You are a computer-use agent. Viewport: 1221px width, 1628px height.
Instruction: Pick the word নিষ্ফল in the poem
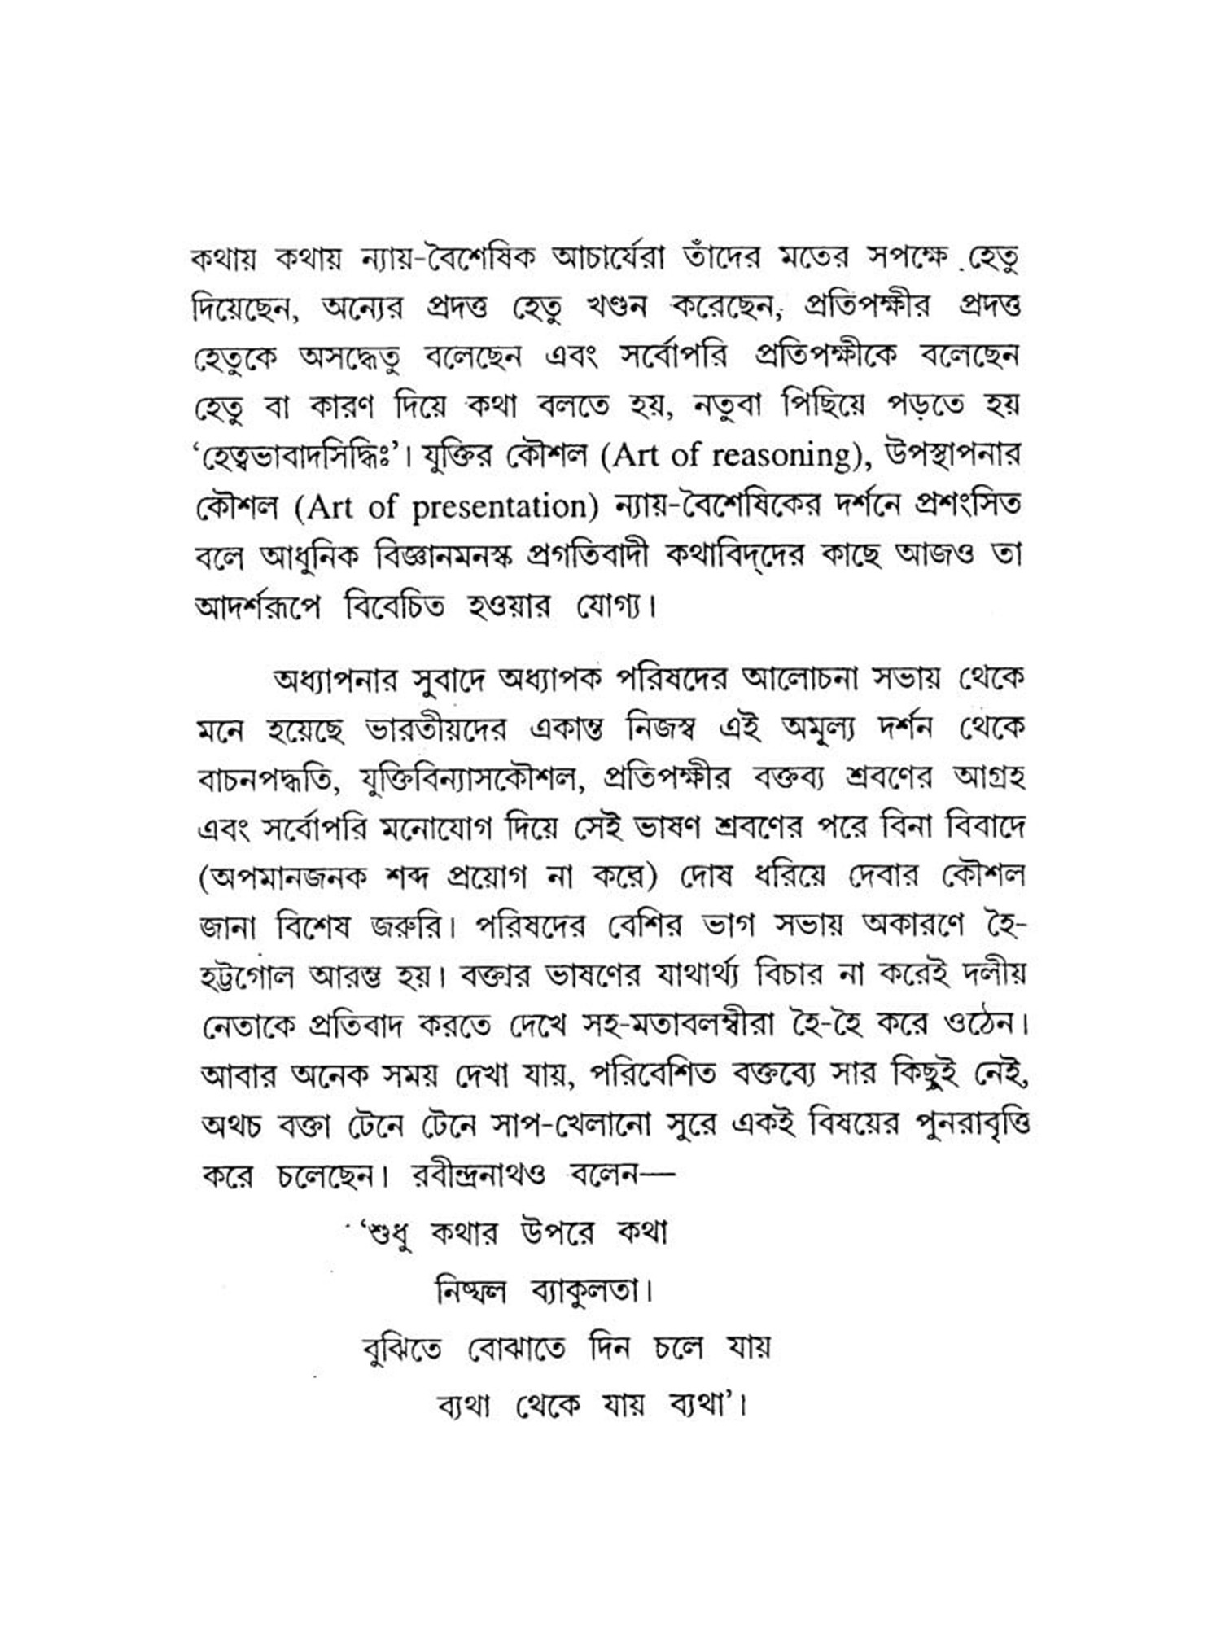point(472,1292)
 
